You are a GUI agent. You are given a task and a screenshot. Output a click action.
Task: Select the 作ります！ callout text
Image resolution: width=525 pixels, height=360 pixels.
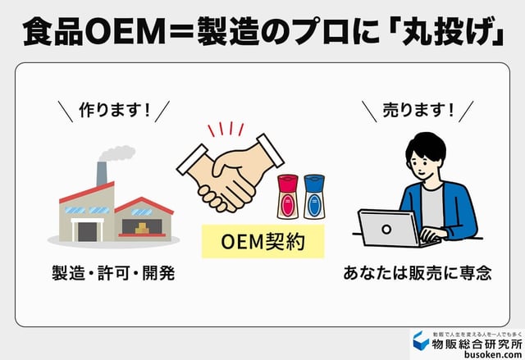coord(115,111)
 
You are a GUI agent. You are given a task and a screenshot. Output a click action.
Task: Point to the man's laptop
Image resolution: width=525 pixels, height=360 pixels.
coord(390,229)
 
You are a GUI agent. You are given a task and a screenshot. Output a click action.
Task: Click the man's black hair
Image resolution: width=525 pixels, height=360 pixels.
coord(426,148)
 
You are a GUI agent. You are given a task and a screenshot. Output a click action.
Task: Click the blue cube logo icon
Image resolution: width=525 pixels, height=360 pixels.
coord(420,343)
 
